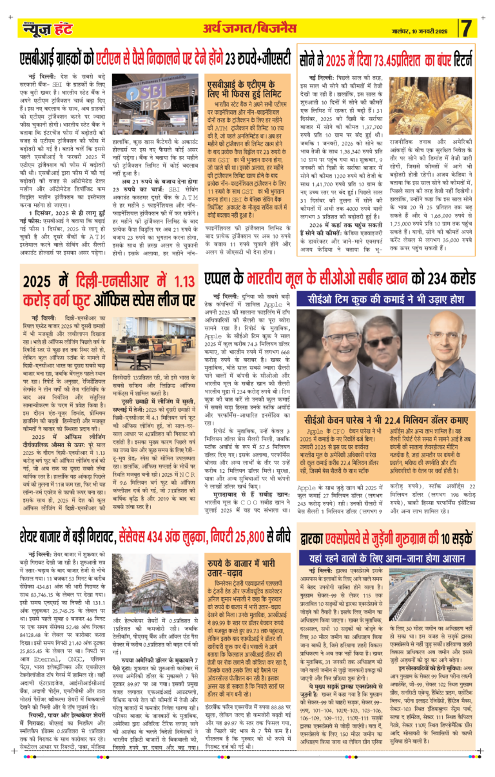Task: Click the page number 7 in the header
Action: coord(467,28)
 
